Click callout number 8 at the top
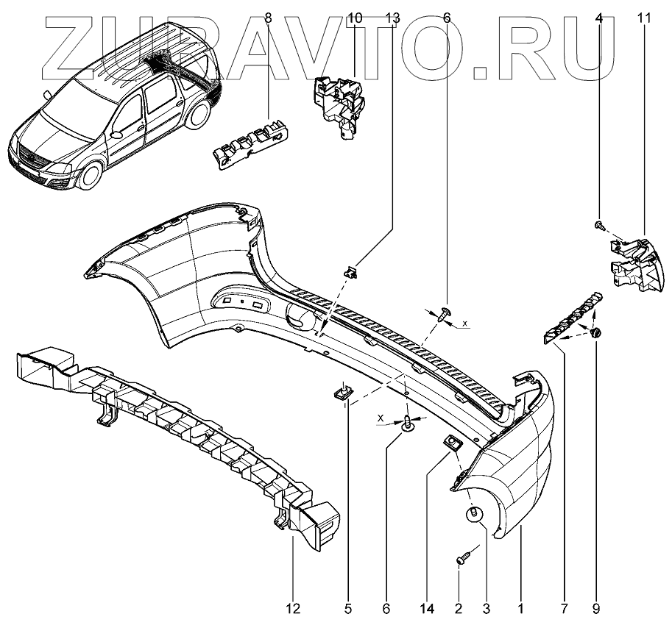267,17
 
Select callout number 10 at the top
354,17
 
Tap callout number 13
392,17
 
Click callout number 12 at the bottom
292,608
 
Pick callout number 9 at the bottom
595,608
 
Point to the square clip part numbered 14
451,443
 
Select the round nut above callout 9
596,335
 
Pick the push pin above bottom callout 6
407,423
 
